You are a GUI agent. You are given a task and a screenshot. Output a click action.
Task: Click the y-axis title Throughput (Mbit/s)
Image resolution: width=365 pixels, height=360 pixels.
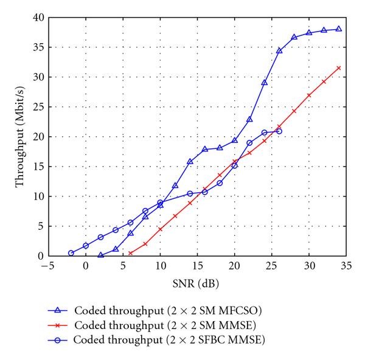pos(20,136)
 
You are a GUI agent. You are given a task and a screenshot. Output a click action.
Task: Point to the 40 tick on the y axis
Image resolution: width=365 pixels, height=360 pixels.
pos(37,18)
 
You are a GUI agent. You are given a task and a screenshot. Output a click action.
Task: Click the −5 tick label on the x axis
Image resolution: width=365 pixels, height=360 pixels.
pos(47,266)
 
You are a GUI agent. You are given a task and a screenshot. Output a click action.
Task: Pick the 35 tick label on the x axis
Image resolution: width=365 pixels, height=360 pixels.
pos(346,266)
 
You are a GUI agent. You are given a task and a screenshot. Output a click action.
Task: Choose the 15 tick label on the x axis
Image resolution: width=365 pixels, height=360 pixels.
pos(197,266)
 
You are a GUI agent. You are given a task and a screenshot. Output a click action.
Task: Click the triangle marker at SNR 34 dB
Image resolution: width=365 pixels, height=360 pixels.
pos(339,29)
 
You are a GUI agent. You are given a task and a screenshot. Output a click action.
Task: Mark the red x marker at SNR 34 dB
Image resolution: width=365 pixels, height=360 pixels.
pos(339,67)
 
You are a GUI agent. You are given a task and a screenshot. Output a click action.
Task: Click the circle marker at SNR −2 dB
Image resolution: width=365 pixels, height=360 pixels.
pos(71,253)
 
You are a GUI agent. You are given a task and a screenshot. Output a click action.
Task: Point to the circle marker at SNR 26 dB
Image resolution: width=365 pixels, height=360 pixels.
pos(279,131)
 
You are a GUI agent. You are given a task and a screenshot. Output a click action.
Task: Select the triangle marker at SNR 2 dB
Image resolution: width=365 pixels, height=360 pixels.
pos(100,255)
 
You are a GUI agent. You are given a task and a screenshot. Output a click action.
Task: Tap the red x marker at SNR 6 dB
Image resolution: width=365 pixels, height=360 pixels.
pos(130,253)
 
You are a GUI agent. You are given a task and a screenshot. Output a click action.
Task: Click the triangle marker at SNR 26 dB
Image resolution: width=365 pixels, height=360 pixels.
pos(279,50)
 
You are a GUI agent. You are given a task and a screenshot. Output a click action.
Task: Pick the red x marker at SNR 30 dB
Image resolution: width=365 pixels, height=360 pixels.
pos(309,95)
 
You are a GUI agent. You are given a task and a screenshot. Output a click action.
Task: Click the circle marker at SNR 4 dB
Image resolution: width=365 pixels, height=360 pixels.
pos(116,230)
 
